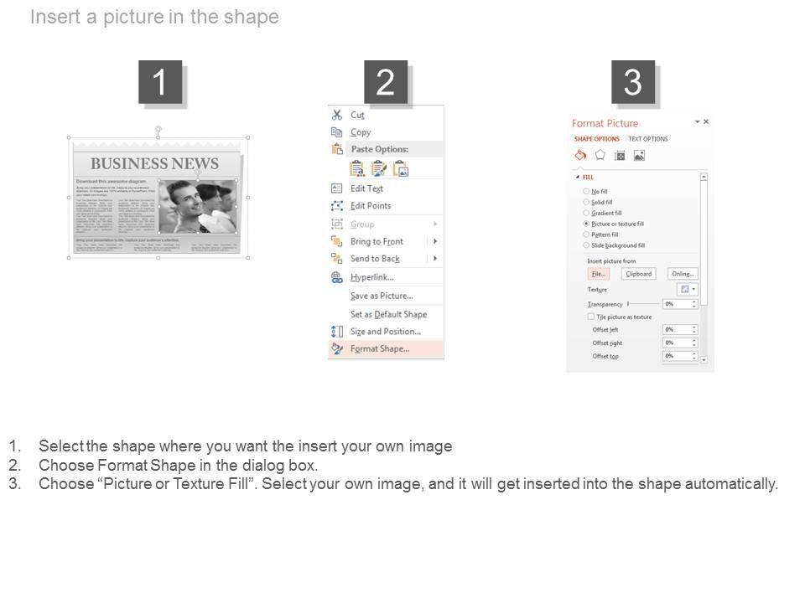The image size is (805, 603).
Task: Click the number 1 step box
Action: click(x=160, y=82)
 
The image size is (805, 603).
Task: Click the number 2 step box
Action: click(x=385, y=82)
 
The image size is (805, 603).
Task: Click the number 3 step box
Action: click(x=633, y=82)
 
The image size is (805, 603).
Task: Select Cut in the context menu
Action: click(x=357, y=115)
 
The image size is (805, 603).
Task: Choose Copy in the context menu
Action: click(x=361, y=132)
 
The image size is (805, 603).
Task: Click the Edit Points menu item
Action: click(x=370, y=206)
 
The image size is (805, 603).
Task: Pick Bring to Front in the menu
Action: click(x=377, y=241)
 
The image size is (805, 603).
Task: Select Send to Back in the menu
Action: click(x=375, y=259)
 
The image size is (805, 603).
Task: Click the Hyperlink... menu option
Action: click(x=371, y=277)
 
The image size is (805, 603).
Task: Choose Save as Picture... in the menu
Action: click(x=382, y=296)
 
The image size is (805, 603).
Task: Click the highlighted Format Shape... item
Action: click(x=380, y=349)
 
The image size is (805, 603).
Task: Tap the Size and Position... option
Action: click(x=385, y=332)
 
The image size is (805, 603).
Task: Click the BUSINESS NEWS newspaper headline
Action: click(x=154, y=164)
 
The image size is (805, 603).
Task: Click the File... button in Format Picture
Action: click(x=598, y=274)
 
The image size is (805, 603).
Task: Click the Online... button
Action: click(x=683, y=274)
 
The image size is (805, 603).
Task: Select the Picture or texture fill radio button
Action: click(x=586, y=224)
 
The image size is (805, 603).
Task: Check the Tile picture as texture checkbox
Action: click(x=591, y=317)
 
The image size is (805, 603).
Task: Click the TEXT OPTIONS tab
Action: click(x=648, y=139)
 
